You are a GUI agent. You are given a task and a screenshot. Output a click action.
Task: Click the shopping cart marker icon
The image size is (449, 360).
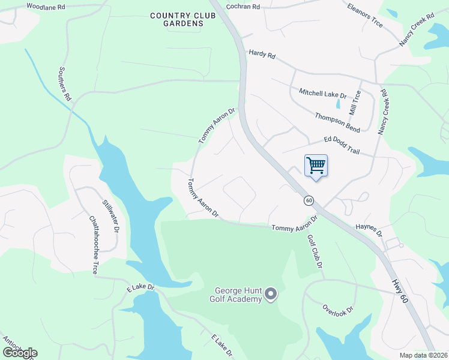pyautogui.click(x=316, y=165)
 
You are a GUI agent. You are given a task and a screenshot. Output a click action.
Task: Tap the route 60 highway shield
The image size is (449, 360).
pyautogui.click(x=309, y=200)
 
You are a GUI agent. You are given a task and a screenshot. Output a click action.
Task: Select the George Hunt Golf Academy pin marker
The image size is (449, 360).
pyautogui.click(x=271, y=293)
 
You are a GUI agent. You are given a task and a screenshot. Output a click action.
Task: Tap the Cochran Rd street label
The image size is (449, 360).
pyautogui.click(x=243, y=7)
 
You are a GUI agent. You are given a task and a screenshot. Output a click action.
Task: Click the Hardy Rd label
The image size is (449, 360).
pyautogui.click(x=262, y=55)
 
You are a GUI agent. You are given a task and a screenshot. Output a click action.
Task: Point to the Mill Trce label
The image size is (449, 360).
pyautogui.click(x=355, y=103)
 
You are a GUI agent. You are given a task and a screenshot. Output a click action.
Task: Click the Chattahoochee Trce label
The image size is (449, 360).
pyautogui.click(x=93, y=245)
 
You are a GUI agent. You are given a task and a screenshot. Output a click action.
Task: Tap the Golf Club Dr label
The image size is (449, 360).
pyautogui.click(x=316, y=251)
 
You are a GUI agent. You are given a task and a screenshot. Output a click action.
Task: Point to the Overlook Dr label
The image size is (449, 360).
pyautogui.click(x=337, y=308)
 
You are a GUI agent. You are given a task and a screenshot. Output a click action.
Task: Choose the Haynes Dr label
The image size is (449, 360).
pyautogui.click(x=369, y=230)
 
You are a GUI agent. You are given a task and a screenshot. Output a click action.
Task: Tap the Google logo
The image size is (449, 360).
pyautogui.click(x=20, y=353)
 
